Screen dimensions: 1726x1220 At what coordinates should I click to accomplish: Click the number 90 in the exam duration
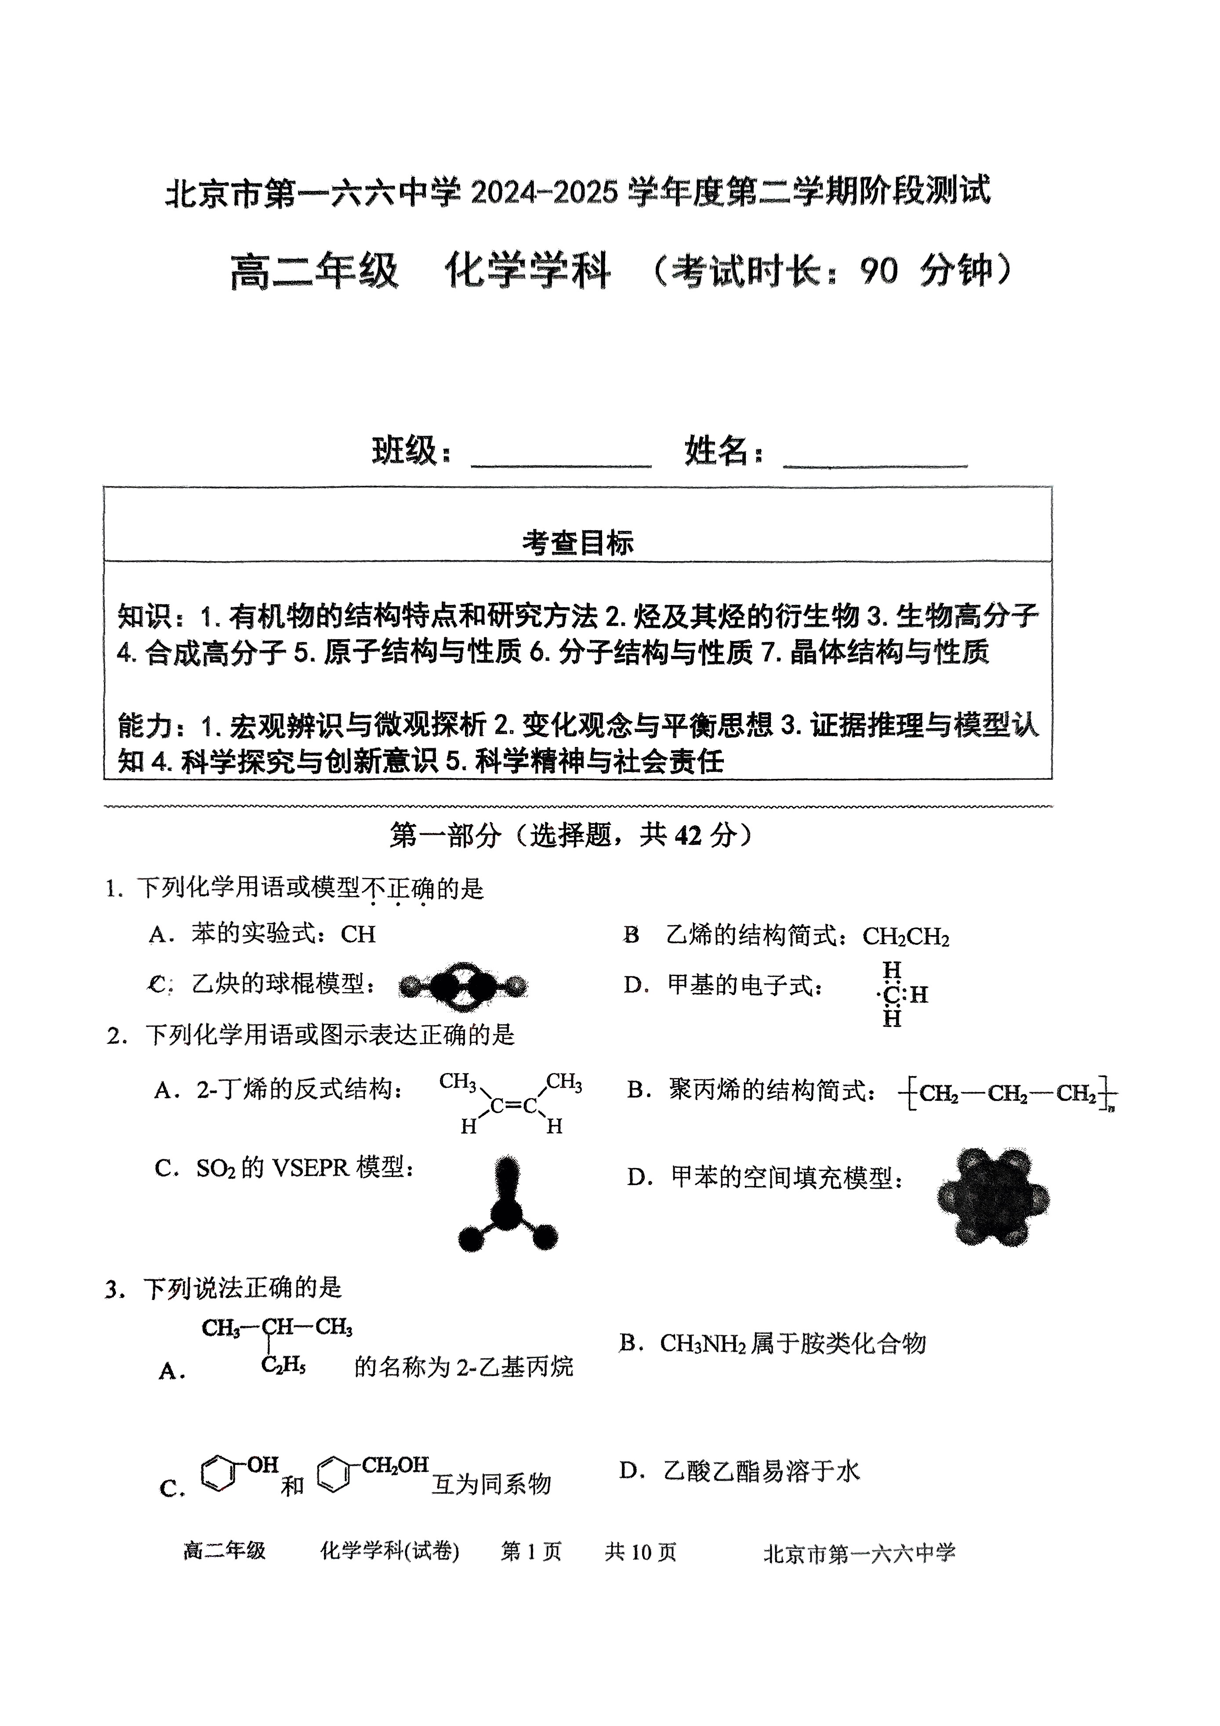tap(879, 271)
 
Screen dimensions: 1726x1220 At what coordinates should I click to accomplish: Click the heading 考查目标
tap(577, 542)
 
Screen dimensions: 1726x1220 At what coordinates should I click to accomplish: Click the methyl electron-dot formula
tap(897, 994)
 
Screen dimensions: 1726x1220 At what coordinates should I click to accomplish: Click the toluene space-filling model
tap(992, 1198)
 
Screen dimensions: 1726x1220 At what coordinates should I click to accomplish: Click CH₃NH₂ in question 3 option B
tap(702, 1344)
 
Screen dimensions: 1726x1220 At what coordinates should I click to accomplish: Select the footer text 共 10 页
tap(640, 1551)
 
